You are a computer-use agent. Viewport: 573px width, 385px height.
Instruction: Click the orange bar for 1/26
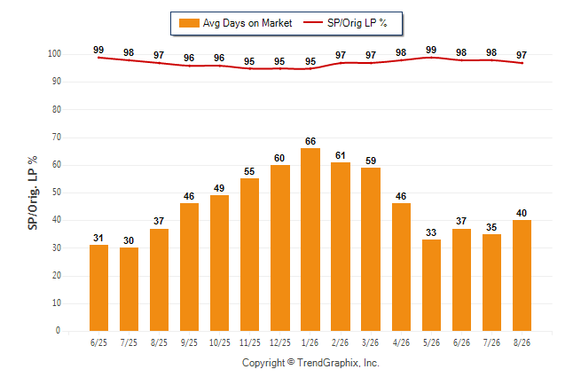pos(310,240)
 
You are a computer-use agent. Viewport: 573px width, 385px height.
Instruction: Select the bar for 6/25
pos(98,287)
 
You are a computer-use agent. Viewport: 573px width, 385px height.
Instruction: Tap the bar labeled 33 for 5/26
pos(431,285)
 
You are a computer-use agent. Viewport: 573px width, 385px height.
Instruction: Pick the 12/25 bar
pos(280,247)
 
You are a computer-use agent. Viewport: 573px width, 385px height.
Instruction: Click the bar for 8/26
pos(522,275)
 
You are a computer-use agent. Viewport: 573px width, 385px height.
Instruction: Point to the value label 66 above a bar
pos(310,141)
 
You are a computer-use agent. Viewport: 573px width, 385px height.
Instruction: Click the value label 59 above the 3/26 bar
pos(371,161)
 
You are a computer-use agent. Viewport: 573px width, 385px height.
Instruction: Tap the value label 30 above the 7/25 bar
pos(129,240)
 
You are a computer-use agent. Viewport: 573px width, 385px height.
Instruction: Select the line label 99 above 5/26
pos(431,50)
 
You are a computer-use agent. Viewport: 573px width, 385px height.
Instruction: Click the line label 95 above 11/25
pos(249,61)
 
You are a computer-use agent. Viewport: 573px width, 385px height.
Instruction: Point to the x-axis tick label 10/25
pos(220,342)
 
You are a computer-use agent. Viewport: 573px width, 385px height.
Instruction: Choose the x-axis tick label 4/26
pos(401,342)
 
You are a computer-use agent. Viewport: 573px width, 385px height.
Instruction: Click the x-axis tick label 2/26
pos(341,342)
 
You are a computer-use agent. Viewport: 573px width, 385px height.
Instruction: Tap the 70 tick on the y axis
pos(56,137)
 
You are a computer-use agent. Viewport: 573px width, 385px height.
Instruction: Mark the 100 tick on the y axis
pos(54,54)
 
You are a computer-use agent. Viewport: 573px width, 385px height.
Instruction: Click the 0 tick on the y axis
pos(59,331)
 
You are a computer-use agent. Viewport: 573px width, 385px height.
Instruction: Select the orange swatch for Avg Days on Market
pos(189,23)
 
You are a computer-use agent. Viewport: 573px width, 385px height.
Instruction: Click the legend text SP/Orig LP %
pos(357,23)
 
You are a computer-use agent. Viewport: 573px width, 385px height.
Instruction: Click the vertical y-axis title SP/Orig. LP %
pos(33,192)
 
